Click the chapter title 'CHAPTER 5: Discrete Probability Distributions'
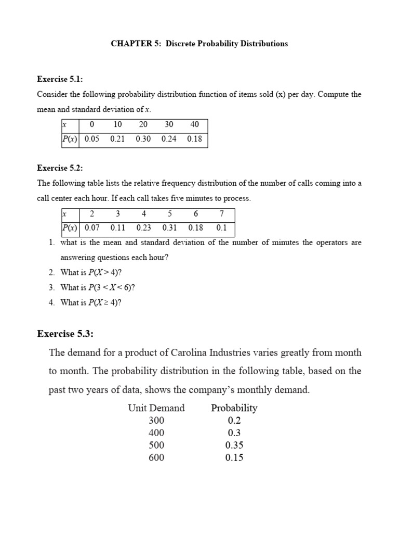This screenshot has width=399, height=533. [199, 44]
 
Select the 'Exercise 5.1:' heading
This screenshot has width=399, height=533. [60, 79]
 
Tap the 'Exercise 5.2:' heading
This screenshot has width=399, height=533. [60, 168]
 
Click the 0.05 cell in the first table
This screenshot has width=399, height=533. [92, 139]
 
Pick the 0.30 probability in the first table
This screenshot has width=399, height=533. [143, 139]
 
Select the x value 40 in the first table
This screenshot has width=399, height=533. [195, 125]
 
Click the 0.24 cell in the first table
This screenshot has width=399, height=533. [169, 139]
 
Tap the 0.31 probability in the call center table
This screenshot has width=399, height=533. [170, 228]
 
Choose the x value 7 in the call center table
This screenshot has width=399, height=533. [222, 214]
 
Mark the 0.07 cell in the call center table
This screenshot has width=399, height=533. [92, 228]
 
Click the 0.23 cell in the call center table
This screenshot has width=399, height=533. [144, 228]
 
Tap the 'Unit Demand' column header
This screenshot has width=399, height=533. [156, 408]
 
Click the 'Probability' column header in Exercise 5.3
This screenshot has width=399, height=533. [234, 408]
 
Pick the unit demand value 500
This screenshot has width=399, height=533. [156, 446]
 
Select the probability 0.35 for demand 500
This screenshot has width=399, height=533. [234, 446]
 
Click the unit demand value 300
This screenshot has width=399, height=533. [156, 421]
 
